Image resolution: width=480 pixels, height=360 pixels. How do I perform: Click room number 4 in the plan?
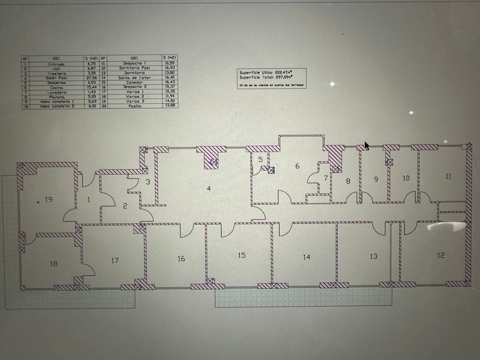[209, 189]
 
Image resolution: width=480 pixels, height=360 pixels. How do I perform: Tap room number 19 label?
[49, 199]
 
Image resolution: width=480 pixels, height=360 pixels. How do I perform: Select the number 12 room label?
[441, 255]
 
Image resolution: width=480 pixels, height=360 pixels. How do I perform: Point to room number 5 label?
[261, 160]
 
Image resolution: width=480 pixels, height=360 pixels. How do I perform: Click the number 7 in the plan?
[326, 178]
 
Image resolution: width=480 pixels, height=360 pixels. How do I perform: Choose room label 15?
[241, 255]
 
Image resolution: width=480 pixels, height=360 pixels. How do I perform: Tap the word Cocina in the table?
[57, 88]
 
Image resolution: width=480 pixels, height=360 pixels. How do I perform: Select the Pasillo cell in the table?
[135, 106]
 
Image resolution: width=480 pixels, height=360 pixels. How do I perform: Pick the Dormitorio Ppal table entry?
[134, 68]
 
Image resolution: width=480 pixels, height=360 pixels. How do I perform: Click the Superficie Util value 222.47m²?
[283, 72]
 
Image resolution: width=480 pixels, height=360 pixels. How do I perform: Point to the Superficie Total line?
[265, 77]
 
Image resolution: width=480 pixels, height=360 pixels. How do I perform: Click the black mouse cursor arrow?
[367, 146]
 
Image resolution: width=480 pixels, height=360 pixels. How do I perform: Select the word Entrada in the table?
[56, 64]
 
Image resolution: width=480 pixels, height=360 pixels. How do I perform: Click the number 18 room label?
[54, 264]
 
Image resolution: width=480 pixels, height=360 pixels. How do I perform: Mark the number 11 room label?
[448, 176]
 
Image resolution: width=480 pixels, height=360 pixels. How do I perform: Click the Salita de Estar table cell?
[134, 78]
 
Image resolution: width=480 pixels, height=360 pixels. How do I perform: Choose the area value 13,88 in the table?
[170, 105]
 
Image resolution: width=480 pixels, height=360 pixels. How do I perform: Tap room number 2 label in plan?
[125, 206]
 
